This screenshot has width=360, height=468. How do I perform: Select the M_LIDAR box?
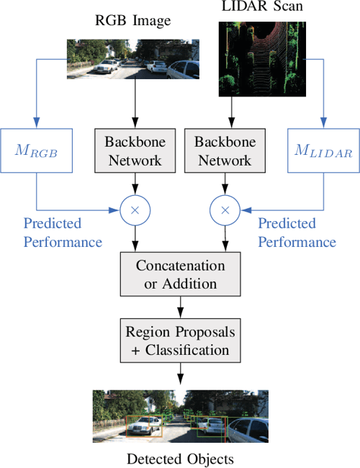coord(323,150)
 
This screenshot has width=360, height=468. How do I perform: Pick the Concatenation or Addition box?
coord(180,274)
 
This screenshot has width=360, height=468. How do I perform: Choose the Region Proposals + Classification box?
coord(180,341)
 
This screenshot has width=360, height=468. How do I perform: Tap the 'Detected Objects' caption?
coord(180,458)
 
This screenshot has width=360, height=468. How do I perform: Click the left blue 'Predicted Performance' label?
coord(63,233)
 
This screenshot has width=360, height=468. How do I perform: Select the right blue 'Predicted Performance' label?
coord(297,233)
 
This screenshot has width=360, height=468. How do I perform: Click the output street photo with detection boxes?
coord(180,415)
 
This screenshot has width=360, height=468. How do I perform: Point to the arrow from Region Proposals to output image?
coord(180,374)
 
